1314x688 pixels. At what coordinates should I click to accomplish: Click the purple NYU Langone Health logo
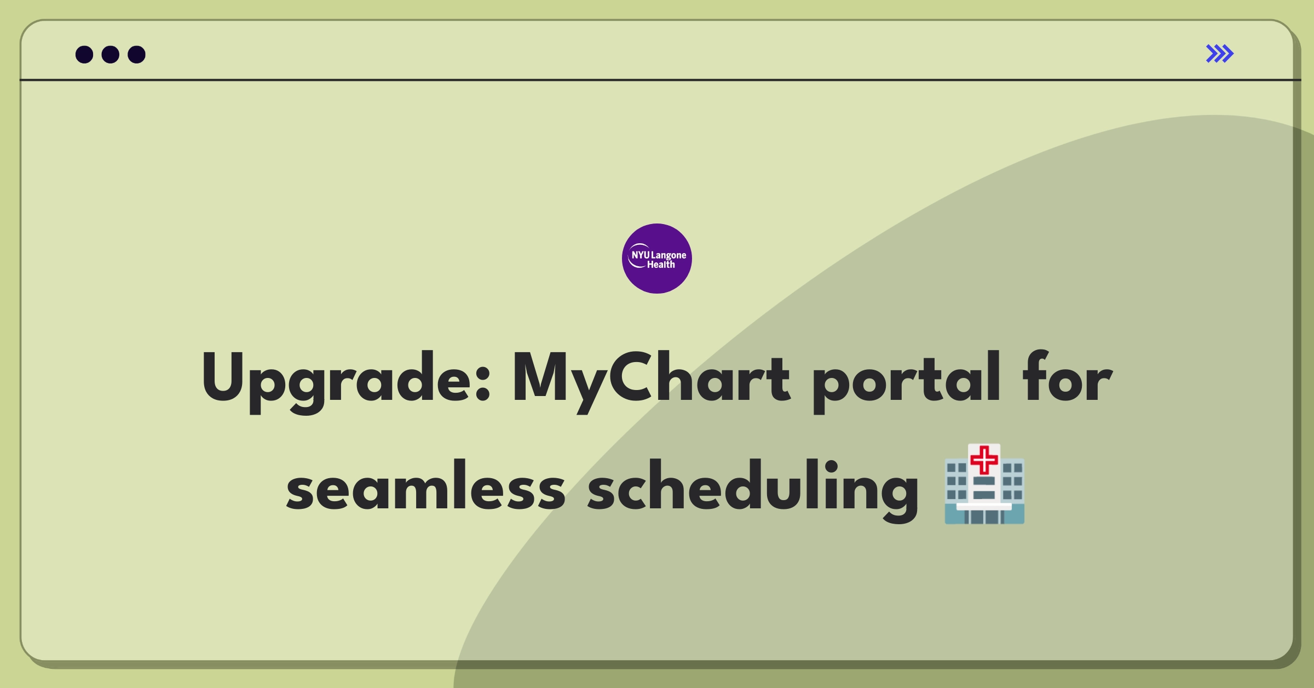point(656,259)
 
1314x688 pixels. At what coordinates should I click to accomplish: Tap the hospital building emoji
point(984,484)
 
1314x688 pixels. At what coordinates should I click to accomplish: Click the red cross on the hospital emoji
point(984,460)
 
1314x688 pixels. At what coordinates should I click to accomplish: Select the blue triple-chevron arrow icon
point(1219,54)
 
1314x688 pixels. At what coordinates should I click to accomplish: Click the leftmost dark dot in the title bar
point(84,54)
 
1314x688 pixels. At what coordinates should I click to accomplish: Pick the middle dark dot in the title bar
point(111,54)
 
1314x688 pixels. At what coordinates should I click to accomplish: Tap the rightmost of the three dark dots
point(136,54)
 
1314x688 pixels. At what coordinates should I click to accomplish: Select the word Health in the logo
point(661,265)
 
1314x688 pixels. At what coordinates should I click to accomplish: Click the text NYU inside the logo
point(640,255)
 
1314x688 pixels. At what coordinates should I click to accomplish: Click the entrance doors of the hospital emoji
point(984,517)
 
